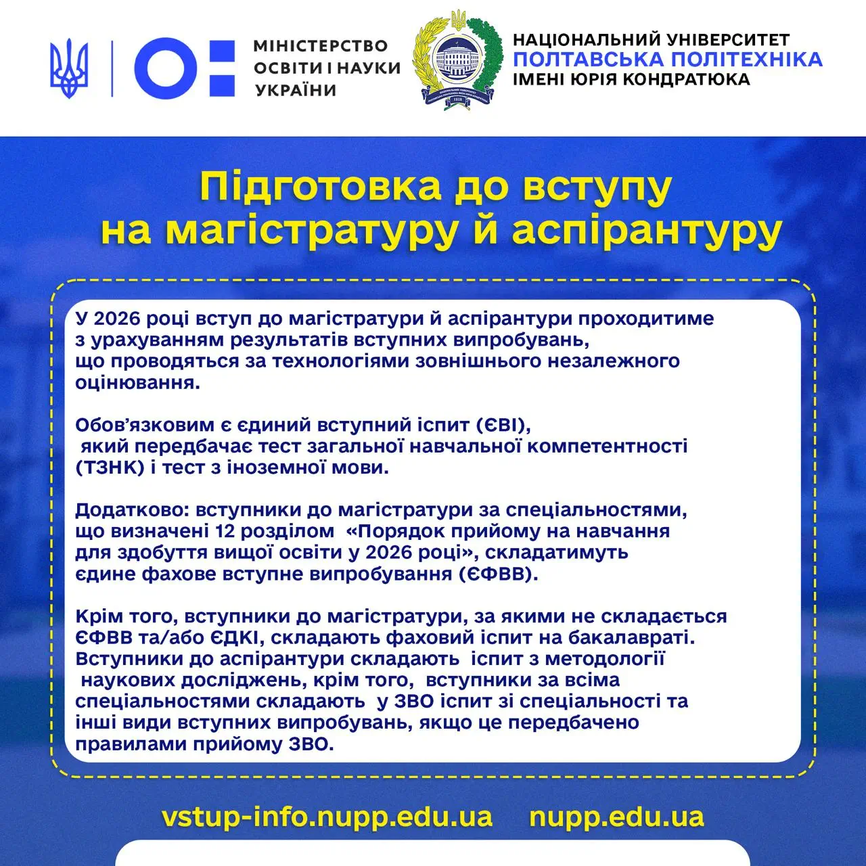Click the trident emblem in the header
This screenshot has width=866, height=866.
point(69,68)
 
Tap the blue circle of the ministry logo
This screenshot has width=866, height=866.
point(166,68)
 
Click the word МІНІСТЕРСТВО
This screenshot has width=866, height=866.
point(321,46)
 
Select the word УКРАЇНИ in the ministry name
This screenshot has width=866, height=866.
point(296,90)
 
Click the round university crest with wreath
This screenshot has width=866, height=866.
point(458,62)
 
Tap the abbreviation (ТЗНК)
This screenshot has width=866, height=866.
point(110,468)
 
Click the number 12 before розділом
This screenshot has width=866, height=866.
point(224,531)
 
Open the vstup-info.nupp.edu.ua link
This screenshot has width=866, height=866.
point(327,817)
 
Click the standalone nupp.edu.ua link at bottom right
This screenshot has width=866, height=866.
point(616,817)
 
